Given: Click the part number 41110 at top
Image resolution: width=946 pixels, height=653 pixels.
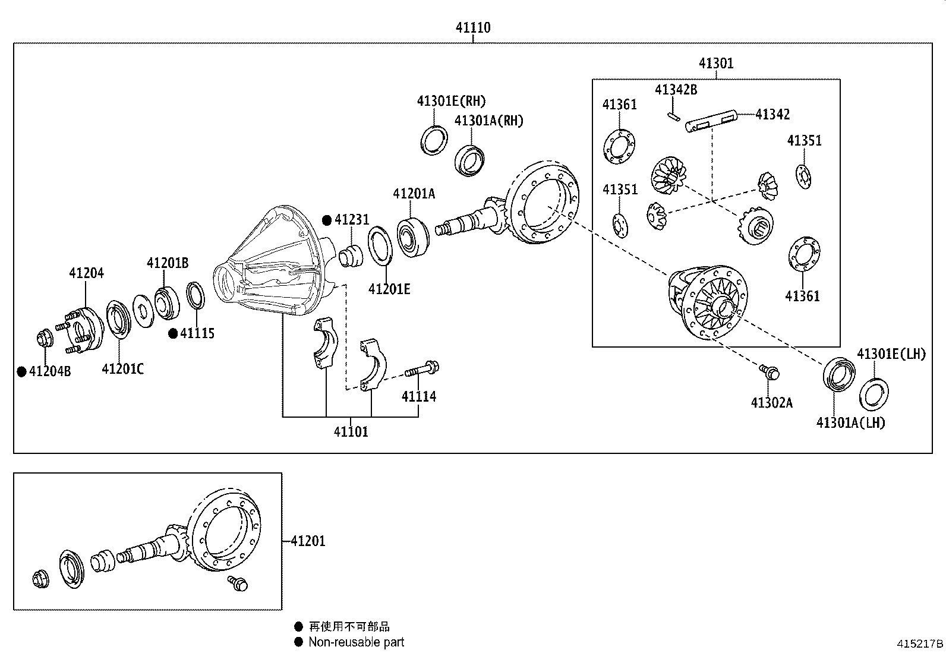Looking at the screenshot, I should point(473,27).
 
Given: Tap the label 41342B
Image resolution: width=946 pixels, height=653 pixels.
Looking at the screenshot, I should point(676,90).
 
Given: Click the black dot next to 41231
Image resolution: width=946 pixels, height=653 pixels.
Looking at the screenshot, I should point(327,220).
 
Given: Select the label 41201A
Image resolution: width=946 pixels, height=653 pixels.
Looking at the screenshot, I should point(414,194).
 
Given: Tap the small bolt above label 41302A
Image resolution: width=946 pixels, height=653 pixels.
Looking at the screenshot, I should point(770,373).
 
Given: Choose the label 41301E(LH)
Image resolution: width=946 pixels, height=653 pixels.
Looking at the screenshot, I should point(891,354).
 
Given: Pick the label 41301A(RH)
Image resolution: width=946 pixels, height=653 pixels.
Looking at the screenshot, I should point(488,121).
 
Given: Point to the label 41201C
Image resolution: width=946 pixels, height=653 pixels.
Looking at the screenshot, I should point(122,369).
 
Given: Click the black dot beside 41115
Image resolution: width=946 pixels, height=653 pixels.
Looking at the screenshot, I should point(173,334).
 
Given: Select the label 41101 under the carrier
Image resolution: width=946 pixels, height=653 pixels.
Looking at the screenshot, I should point(351,432).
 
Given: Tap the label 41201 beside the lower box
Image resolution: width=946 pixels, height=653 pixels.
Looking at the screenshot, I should point(308,541).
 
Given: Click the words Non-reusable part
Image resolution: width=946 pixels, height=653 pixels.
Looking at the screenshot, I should point(356,642).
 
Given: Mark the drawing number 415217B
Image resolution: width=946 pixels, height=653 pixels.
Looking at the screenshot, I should point(920,643).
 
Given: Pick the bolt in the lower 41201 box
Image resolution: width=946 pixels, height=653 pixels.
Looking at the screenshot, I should point(238,583).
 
